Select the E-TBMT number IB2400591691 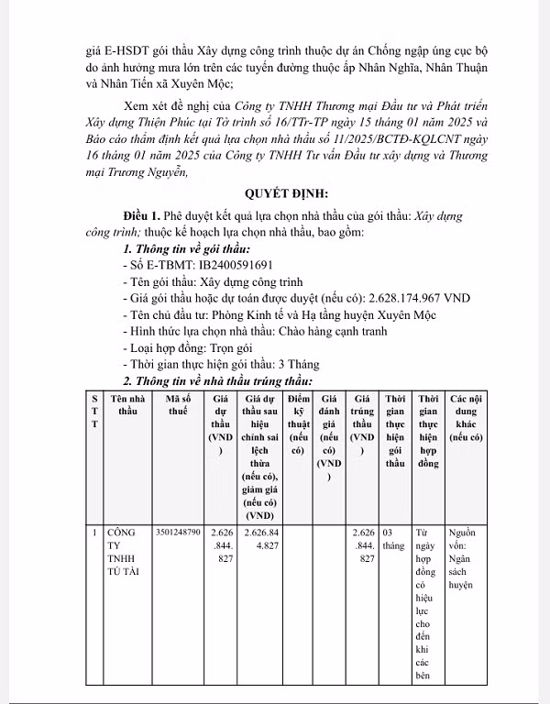click(216, 265)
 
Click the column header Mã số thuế click(178, 405)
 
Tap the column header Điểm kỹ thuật click(298, 425)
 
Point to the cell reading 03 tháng click(394, 537)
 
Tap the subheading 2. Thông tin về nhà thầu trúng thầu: click(218, 380)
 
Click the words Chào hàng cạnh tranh click(329, 331)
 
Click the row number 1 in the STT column click(94, 531)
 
